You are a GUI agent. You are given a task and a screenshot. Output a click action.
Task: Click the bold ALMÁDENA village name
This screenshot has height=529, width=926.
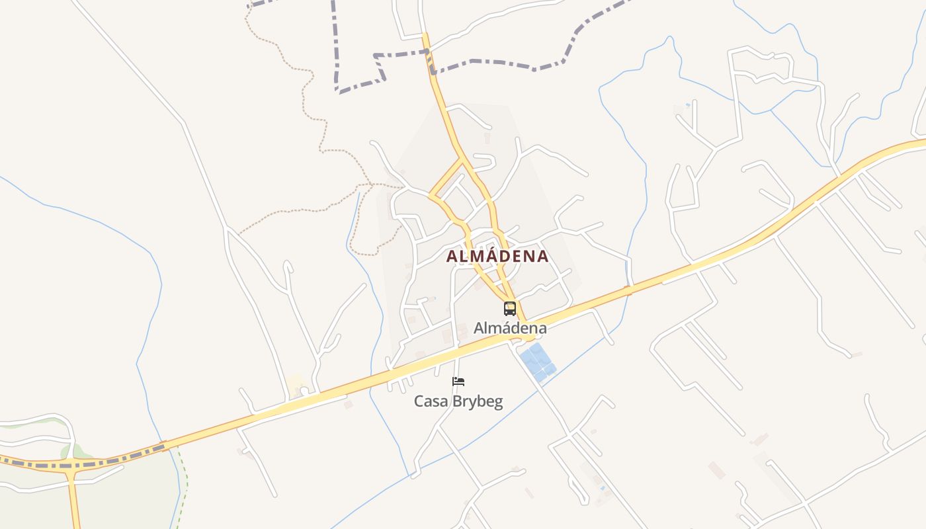click(497, 257)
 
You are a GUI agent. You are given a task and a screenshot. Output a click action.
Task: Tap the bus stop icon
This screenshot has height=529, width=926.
click(509, 308)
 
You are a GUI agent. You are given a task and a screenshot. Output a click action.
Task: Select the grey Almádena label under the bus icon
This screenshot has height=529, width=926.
click(510, 328)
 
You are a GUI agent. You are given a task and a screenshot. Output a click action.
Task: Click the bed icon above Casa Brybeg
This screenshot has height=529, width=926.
click(458, 382)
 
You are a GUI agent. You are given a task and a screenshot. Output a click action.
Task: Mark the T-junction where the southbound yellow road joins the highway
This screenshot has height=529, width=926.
click(71, 465)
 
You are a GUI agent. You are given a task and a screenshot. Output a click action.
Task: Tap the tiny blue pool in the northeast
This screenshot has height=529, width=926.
click(688, 104)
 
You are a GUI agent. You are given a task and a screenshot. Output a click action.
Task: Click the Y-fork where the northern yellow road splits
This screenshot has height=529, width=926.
click(462, 159)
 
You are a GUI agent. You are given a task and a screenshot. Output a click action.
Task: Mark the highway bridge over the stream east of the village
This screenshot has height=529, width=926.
click(628, 289)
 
